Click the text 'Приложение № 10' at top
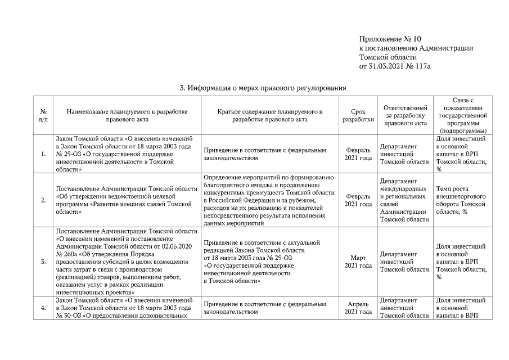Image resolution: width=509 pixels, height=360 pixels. pos(390,39)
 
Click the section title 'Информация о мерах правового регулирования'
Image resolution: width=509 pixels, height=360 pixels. pos(263,88)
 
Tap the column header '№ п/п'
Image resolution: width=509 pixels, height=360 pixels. pos(43,115)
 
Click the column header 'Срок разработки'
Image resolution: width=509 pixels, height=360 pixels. pos(358,115)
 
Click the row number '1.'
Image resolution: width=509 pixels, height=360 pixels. pos(43,154)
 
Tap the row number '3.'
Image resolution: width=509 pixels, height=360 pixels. pos(43,262)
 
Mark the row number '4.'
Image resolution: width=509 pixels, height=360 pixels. pos(43,308)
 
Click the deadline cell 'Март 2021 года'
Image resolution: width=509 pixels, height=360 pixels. pos(358,262)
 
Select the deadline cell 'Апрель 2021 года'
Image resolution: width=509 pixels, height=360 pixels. pos(358,308)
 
